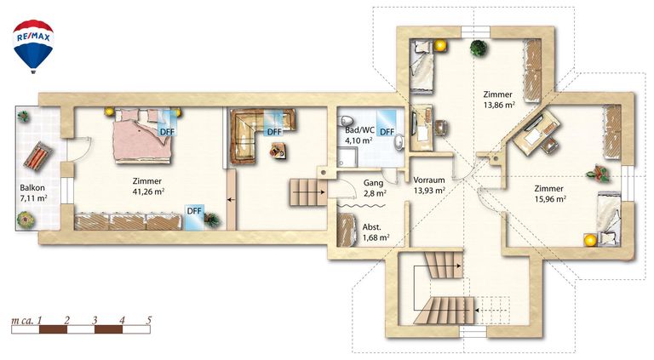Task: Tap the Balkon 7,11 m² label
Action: coord(33,193)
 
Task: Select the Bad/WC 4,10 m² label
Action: coord(359,135)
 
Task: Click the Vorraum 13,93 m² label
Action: coord(429,185)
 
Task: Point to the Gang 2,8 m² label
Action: coord(374,188)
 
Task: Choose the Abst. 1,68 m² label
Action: coord(376,232)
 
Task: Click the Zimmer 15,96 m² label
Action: coord(550,194)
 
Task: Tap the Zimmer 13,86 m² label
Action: coord(498,100)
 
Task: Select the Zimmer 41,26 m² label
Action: coord(148,186)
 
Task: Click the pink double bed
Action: coord(142,135)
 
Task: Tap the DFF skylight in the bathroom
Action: coord(387,123)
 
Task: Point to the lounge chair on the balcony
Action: coord(38,156)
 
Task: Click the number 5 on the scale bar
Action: coord(149,320)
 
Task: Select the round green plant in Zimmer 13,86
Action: coord(479,48)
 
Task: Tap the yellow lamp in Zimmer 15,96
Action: coord(589,240)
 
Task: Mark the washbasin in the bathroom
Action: coord(399,141)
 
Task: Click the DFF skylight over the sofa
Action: coord(275,123)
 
